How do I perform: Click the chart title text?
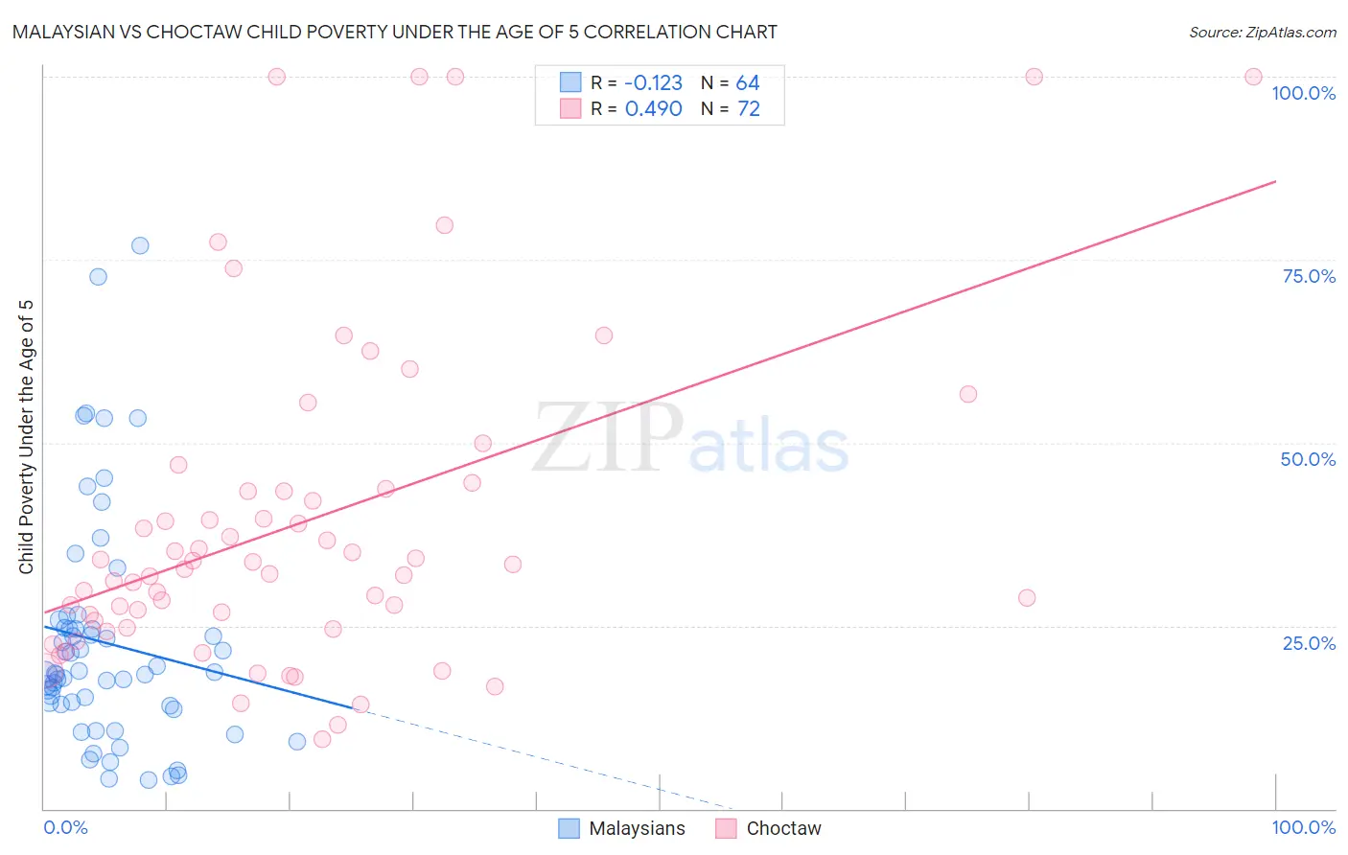[x=394, y=32]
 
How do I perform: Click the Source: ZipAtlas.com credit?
[x=1262, y=32]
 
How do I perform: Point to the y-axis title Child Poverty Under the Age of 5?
[x=26, y=437]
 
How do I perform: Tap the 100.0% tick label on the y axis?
[x=1303, y=93]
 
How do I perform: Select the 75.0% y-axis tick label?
[x=1309, y=276]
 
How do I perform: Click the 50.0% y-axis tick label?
[x=1308, y=459]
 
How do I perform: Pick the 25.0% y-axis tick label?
[x=1309, y=642]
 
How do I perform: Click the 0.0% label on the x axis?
[x=65, y=827]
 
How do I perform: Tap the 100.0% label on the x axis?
[x=1303, y=827]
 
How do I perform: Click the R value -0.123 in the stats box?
[x=653, y=83]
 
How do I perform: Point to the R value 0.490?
[x=653, y=109]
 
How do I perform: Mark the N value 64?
[x=748, y=83]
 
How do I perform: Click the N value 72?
[x=748, y=109]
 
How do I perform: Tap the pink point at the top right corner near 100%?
[x=1253, y=77]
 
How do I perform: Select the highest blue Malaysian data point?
[x=140, y=245]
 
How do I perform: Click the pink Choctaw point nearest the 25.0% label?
[x=1027, y=597]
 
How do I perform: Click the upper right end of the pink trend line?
[x=1275, y=181]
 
